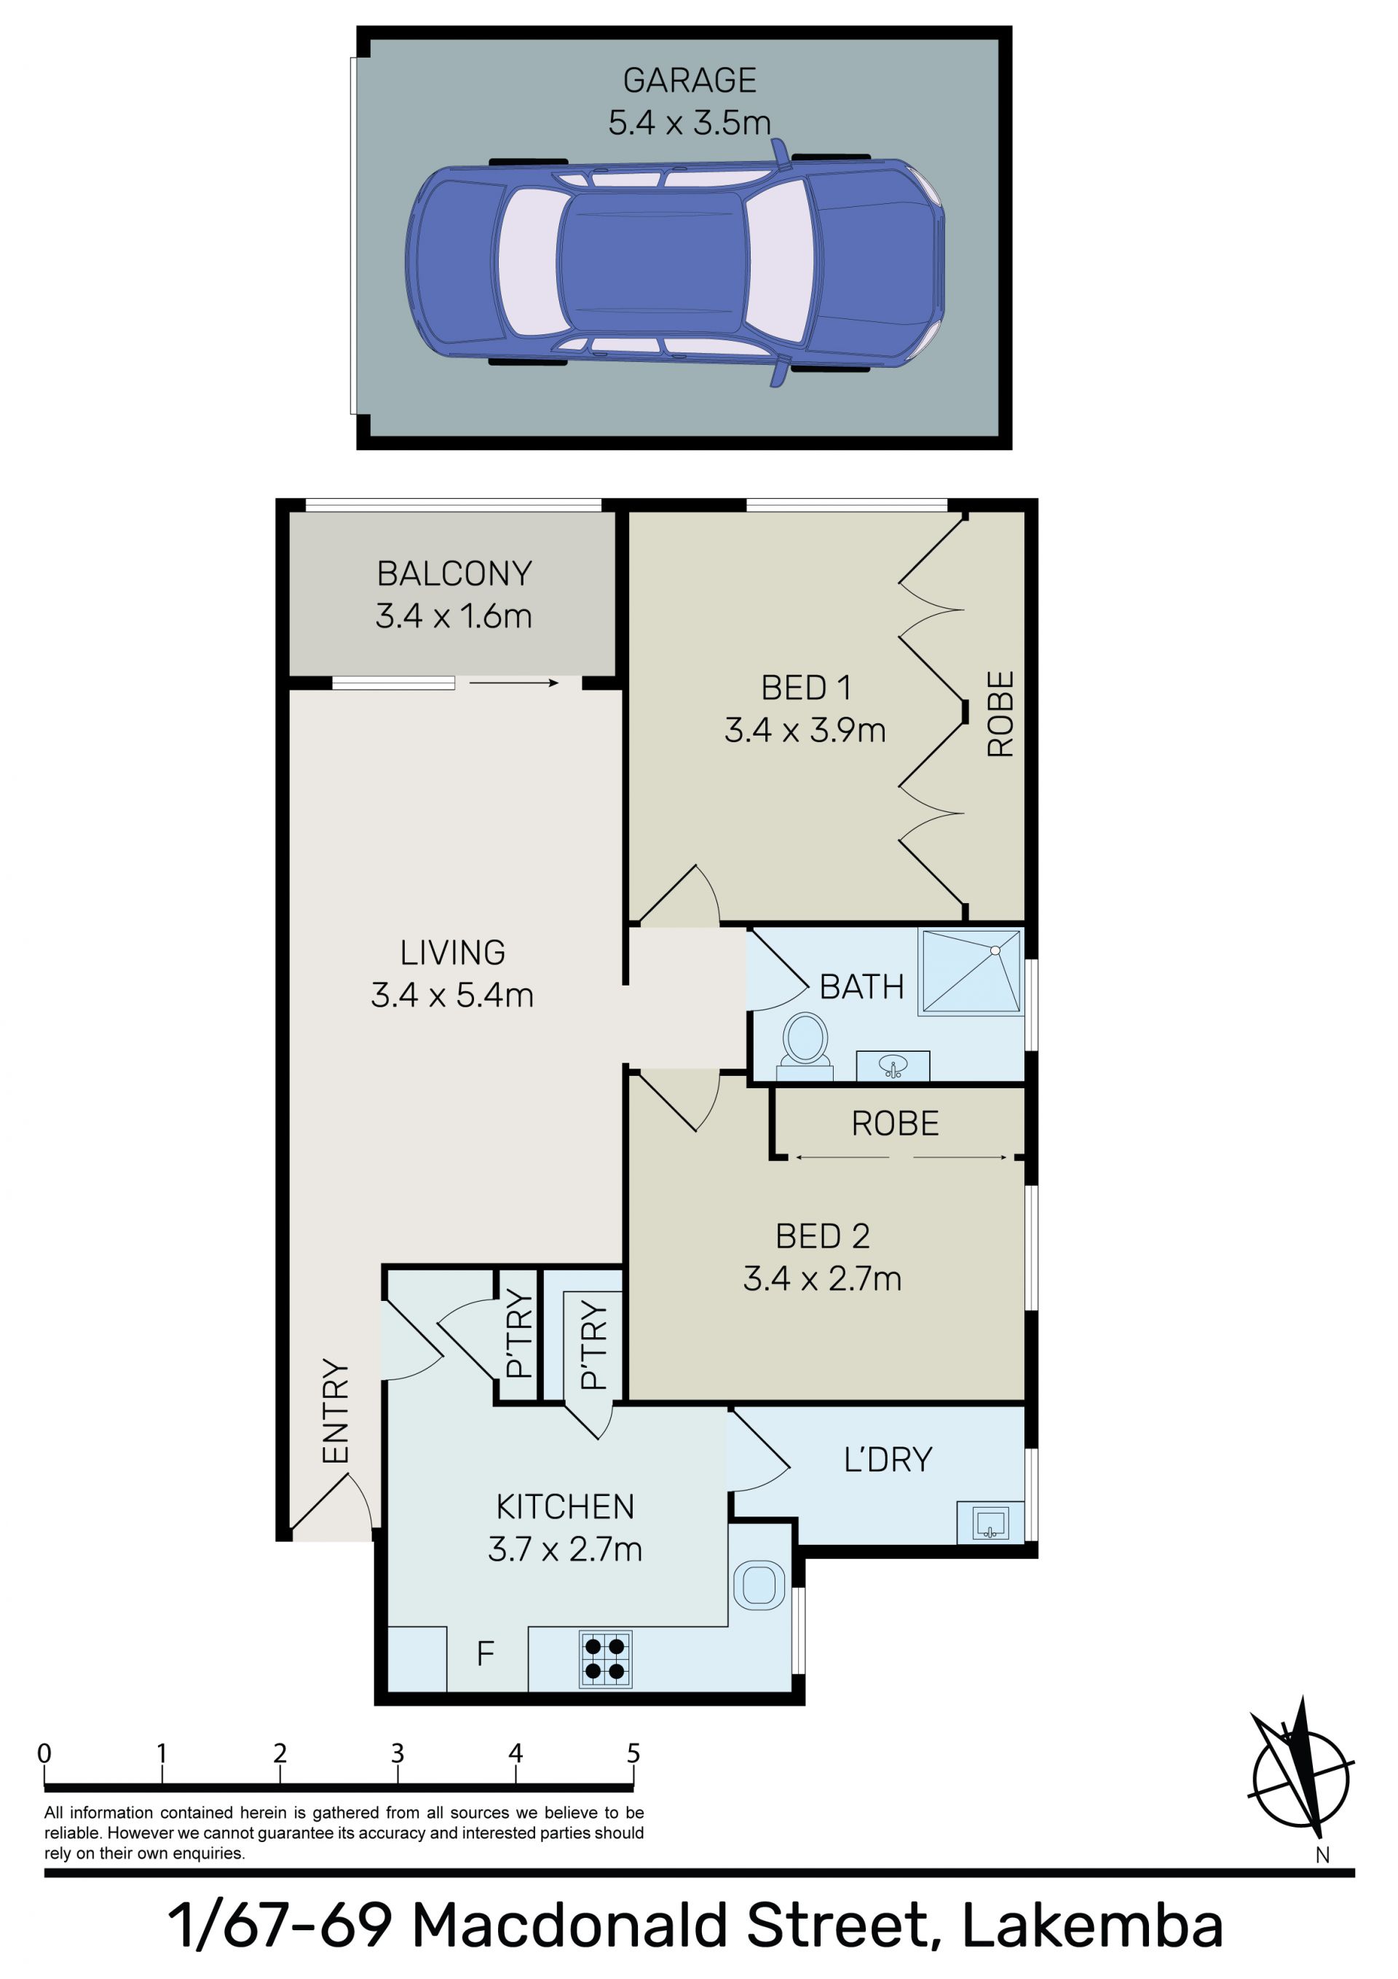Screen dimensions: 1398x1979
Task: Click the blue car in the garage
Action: tap(675, 263)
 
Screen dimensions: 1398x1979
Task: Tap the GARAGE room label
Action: tap(690, 81)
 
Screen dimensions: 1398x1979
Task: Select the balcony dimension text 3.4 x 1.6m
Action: tap(454, 616)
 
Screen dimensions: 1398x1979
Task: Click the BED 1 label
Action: tap(806, 688)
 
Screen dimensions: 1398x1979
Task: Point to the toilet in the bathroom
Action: tap(805, 1047)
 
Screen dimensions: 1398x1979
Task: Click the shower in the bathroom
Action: tap(971, 972)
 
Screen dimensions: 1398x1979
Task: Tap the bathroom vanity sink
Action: tap(893, 1066)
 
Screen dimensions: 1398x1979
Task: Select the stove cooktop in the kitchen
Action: tap(606, 1659)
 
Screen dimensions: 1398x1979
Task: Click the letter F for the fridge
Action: tap(485, 1653)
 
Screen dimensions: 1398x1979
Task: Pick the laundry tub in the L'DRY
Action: tap(990, 1522)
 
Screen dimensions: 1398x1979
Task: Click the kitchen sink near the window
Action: tap(759, 1585)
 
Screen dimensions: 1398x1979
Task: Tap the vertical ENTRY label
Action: tap(335, 1411)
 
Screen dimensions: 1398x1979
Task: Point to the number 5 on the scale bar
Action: tap(633, 1752)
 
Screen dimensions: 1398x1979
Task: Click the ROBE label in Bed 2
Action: tap(895, 1124)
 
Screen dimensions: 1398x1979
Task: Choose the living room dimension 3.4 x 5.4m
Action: tap(452, 996)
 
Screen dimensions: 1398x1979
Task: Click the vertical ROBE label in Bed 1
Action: tap(1000, 714)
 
